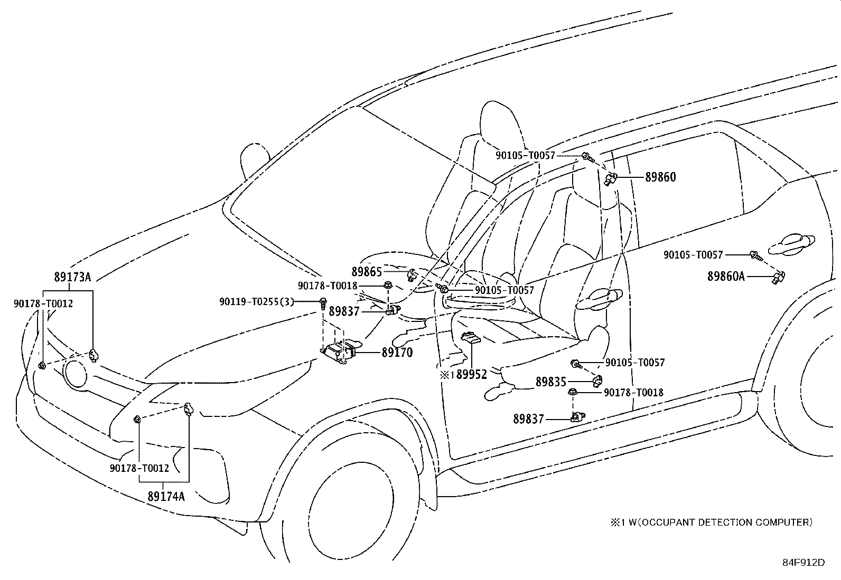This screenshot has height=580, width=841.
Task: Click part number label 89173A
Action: [72, 277]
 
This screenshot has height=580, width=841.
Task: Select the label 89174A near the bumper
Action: [166, 496]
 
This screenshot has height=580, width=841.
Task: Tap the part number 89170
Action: [397, 352]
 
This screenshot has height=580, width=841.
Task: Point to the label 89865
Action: [367, 272]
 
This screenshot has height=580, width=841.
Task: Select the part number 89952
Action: [472, 374]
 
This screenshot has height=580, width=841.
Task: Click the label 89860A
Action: [726, 276]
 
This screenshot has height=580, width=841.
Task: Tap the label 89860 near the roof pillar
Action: [660, 177]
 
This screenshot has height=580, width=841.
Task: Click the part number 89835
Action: [550, 382]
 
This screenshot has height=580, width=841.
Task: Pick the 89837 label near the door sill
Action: [528, 419]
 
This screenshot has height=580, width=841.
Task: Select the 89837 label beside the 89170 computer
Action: [344, 311]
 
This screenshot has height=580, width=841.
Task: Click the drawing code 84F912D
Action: [803, 562]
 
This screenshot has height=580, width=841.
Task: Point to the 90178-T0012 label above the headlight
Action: [43, 303]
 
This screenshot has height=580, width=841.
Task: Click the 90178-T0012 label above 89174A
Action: [139, 468]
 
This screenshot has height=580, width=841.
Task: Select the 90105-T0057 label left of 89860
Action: [525, 155]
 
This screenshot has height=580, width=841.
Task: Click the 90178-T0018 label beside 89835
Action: [633, 392]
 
